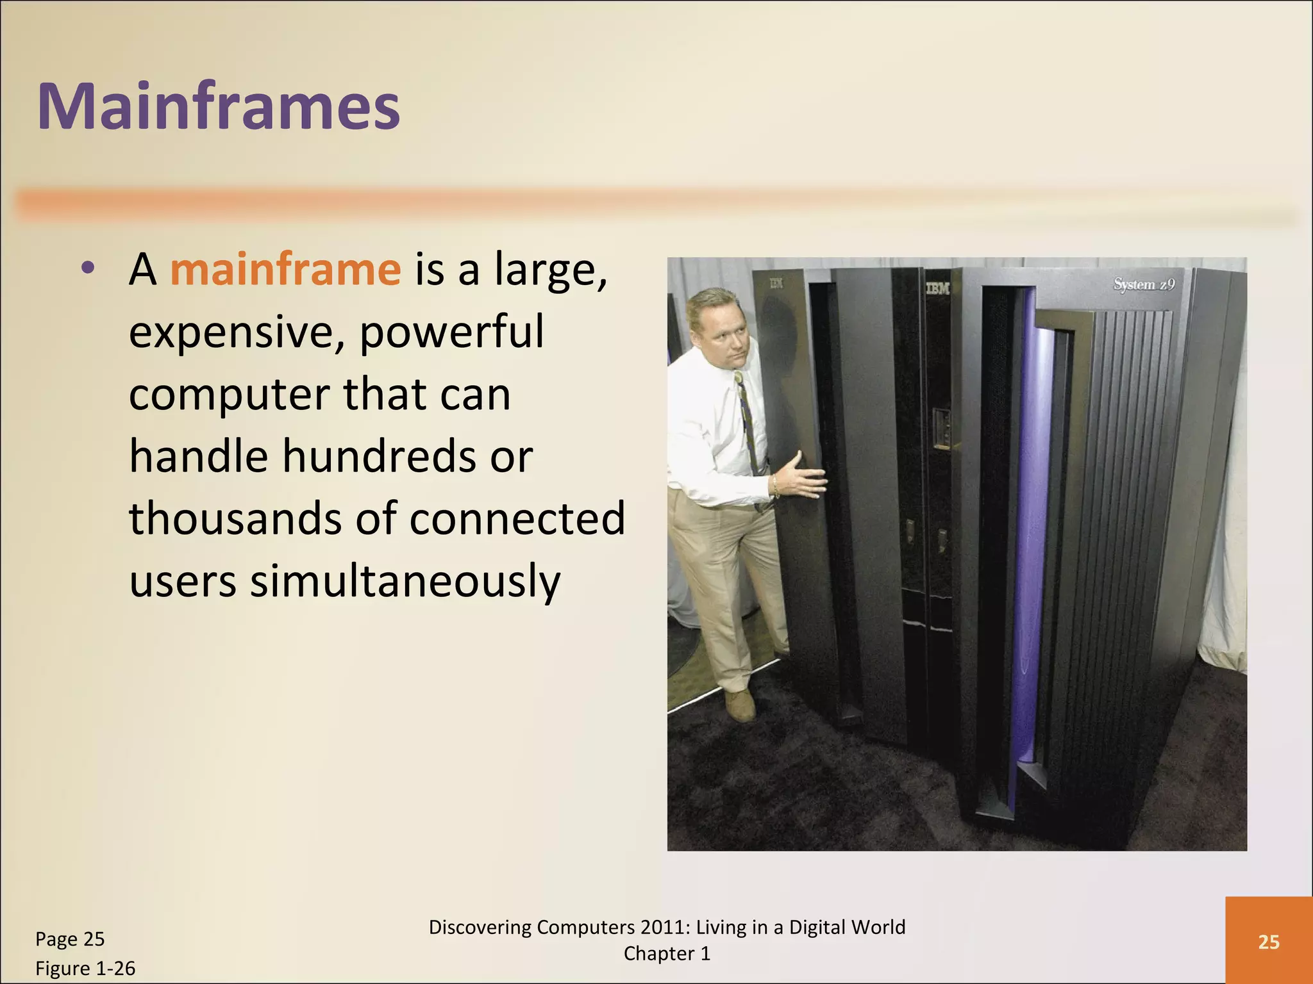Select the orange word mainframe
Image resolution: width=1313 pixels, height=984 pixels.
pos(285,270)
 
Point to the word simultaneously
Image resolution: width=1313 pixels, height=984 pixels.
pos(405,581)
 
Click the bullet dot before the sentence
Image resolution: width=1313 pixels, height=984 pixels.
pos(88,268)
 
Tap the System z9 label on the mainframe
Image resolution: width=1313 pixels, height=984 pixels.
pos(1144,284)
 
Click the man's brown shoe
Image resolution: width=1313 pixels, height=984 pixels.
pos(740,705)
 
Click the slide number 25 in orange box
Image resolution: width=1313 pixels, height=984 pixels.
pos(1268,942)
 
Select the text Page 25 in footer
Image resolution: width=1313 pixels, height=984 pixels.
pos(70,939)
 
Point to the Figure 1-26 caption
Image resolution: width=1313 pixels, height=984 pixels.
pos(85,968)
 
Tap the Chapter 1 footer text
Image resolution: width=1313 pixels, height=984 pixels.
pos(667,954)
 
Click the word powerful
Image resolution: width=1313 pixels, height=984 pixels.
pos(451,332)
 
